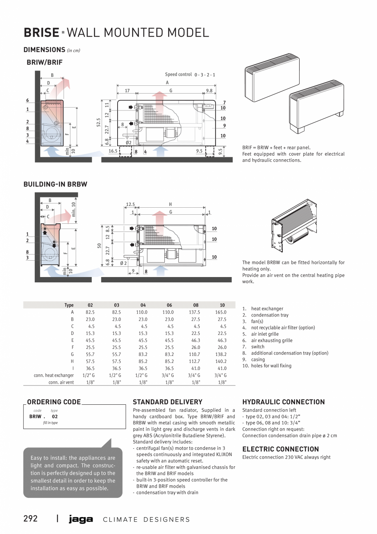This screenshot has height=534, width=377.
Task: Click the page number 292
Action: tap(31, 518)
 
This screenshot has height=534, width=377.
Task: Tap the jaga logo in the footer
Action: tap(81, 519)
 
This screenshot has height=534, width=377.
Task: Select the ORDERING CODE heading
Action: tap(54, 402)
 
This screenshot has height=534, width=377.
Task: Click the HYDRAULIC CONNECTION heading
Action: tap(284, 402)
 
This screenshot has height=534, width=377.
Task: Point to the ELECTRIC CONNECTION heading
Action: tap(280, 449)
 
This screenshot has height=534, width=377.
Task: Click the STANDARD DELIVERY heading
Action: tap(168, 402)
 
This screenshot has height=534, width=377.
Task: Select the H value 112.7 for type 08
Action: tap(196, 361)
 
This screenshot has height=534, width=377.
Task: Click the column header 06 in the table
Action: tap(169, 305)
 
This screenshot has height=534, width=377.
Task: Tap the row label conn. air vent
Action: tap(61, 382)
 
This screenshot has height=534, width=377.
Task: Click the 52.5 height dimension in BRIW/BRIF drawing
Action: tap(99, 122)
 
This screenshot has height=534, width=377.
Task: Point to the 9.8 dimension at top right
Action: tap(209, 91)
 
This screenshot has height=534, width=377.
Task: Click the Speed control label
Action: tap(178, 74)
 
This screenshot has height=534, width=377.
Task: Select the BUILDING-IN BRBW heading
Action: tap(55, 184)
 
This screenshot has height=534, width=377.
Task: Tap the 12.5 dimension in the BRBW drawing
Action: tap(130, 204)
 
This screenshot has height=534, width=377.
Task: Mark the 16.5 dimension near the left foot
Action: tap(113, 151)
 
